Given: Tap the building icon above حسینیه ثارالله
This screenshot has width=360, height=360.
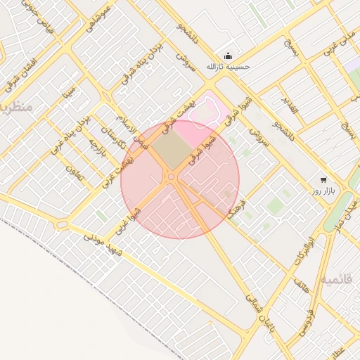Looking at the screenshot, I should tap(228, 56).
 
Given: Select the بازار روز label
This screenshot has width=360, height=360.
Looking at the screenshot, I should tap(324, 191).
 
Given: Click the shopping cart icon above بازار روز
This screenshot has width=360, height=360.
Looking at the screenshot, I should tap(323, 180).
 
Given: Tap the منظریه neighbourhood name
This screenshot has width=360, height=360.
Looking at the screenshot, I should tap(14, 107).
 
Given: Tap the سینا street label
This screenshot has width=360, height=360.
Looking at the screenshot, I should tap(67, 91).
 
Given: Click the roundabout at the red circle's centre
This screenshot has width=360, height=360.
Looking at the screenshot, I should tap(172, 177).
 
